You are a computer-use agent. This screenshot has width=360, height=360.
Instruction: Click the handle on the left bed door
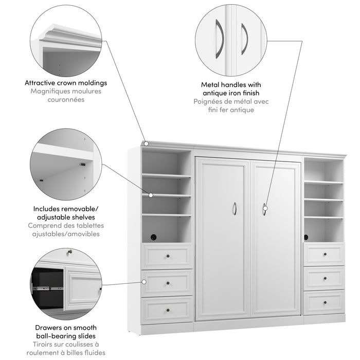tap(235, 208)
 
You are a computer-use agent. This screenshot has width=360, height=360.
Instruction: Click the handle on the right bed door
tap(265, 209)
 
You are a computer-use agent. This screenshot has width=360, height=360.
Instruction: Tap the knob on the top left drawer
tap(167, 256)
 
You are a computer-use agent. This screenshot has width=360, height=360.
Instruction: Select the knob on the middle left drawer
tap(167, 282)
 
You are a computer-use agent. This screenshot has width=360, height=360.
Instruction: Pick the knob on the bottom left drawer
tap(167, 310)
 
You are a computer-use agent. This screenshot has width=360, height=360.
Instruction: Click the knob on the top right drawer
tap(324, 254)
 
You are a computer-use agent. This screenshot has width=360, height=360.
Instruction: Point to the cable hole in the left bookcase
tap(153, 237)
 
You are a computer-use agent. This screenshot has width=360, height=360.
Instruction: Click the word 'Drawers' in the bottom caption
tap(47, 328)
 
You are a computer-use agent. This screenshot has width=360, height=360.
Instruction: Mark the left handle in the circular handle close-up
tap(220, 38)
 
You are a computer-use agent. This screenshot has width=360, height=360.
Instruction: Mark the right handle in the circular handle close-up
tap(244, 38)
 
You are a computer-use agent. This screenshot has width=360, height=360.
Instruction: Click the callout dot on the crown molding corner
tap(146, 143)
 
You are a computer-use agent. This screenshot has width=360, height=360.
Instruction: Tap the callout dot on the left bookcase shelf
tap(151, 195)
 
